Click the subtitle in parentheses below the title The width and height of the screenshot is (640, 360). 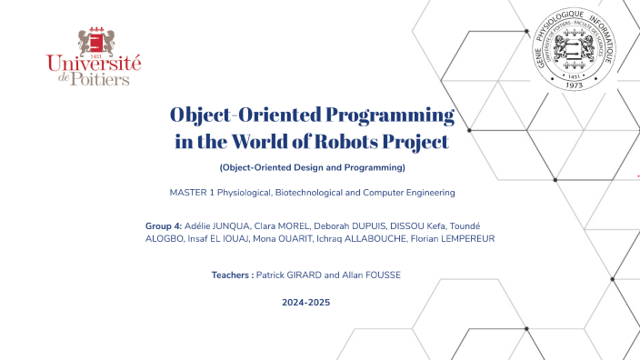tap(312, 168)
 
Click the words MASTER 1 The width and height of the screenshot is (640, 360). tap(192, 193)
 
